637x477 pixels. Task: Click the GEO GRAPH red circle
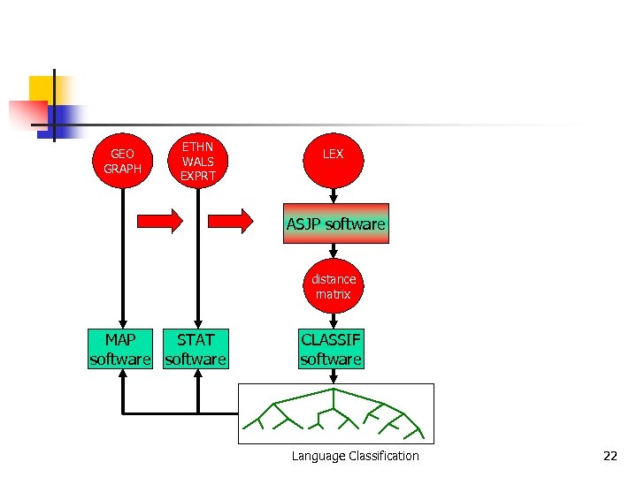(122, 161)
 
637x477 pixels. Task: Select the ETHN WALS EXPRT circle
(198, 161)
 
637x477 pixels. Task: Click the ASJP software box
(335, 224)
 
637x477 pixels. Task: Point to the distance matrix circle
(334, 286)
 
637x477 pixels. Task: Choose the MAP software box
(120, 349)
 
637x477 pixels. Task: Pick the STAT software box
(196, 349)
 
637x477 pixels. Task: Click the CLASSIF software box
(331, 349)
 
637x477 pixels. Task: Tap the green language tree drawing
(336, 413)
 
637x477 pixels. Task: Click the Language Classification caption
(355, 456)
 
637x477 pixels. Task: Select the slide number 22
(610, 456)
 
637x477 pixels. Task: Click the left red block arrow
(159, 220)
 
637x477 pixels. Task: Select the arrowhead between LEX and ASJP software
(334, 199)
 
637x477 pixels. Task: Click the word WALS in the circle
(198, 161)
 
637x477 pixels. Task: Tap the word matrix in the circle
(334, 294)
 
